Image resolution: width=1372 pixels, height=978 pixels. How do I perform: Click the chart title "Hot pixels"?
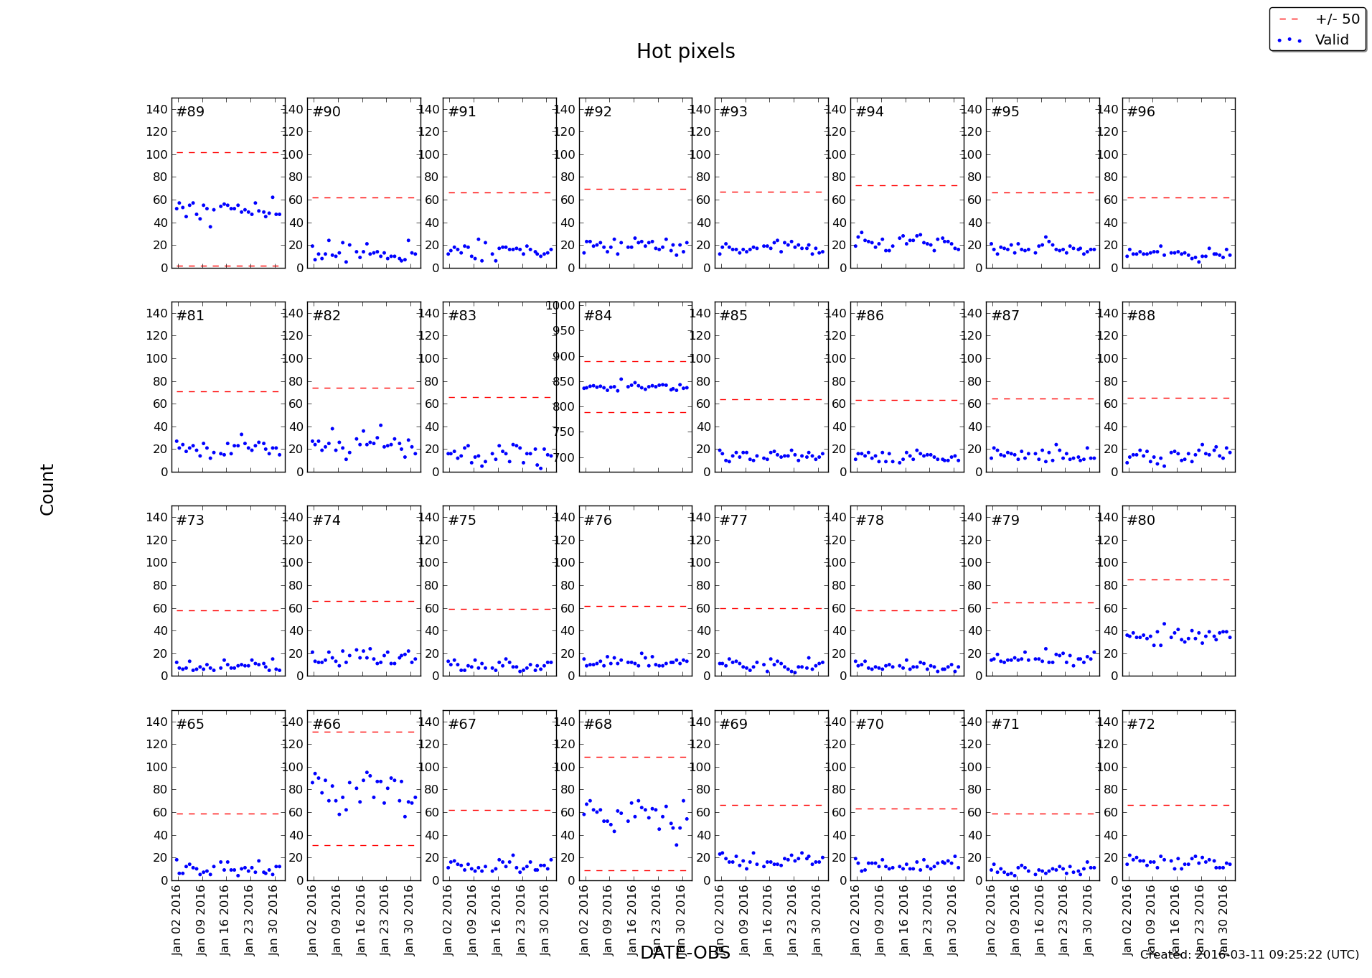pyautogui.click(x=685, y=52)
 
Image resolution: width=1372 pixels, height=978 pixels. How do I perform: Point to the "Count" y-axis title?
pyautogui.click(x=47, y=489)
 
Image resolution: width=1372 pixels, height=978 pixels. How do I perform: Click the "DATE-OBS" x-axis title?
pyautogui.click(x=685, y=953)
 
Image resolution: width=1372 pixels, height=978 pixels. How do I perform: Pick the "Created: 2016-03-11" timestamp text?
pyautogui.click(x=1249, y=954)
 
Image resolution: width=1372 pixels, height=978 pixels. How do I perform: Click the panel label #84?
pyautogui.click(x=598, y=316)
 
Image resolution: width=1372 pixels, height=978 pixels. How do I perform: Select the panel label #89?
pyautogui.click(x=190, y=112)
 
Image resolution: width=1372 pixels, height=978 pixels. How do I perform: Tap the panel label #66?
pyautogui.click(x=326, y=725)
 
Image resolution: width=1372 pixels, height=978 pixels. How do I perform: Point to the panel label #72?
pyautogui.click(x=1141, y=725)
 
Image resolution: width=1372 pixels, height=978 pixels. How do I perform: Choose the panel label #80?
pyautogui.click(x=1141, y=520)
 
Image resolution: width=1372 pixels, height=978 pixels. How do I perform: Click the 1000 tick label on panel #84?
pyautogui.click(x=560, y=305)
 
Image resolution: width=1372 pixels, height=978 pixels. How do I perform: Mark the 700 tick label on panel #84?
pyautogui.click(x=563, y=457)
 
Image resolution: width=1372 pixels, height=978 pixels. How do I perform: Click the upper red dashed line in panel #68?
pyautogui.click(x=635, y=757)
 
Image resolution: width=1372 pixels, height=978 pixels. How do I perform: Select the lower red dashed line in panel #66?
pyautogui.click(x=364, y=845)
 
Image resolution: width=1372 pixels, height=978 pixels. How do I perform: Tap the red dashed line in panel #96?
pyautogui.click(x=1178, y=197)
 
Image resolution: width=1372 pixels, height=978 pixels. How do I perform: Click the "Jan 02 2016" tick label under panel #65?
pyautogui.click(x=177, y=920)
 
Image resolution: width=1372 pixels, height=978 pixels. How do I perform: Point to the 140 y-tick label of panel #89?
pyautogui.click(x=156, y=109)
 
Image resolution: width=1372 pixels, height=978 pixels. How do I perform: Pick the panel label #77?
pyautogui.click(x=733, y=520)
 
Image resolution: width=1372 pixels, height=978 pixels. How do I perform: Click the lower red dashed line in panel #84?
pyautogui.click(x=635, y=412)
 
